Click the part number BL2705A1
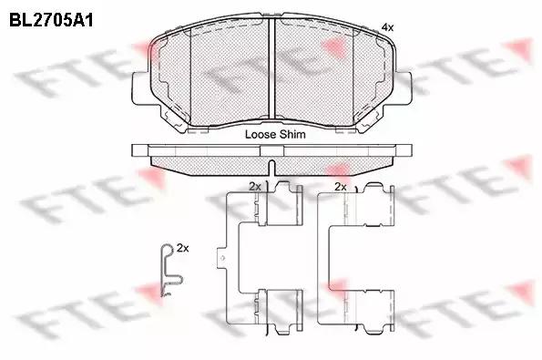(51, 20)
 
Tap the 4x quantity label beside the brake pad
(387, 27)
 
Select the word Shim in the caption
(292, 134)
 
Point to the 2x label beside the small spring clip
(183, 248)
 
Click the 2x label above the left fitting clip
(255, 187)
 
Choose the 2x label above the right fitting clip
(341, 187)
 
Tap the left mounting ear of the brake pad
(141, 87)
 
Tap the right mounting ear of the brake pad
(403, 87)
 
